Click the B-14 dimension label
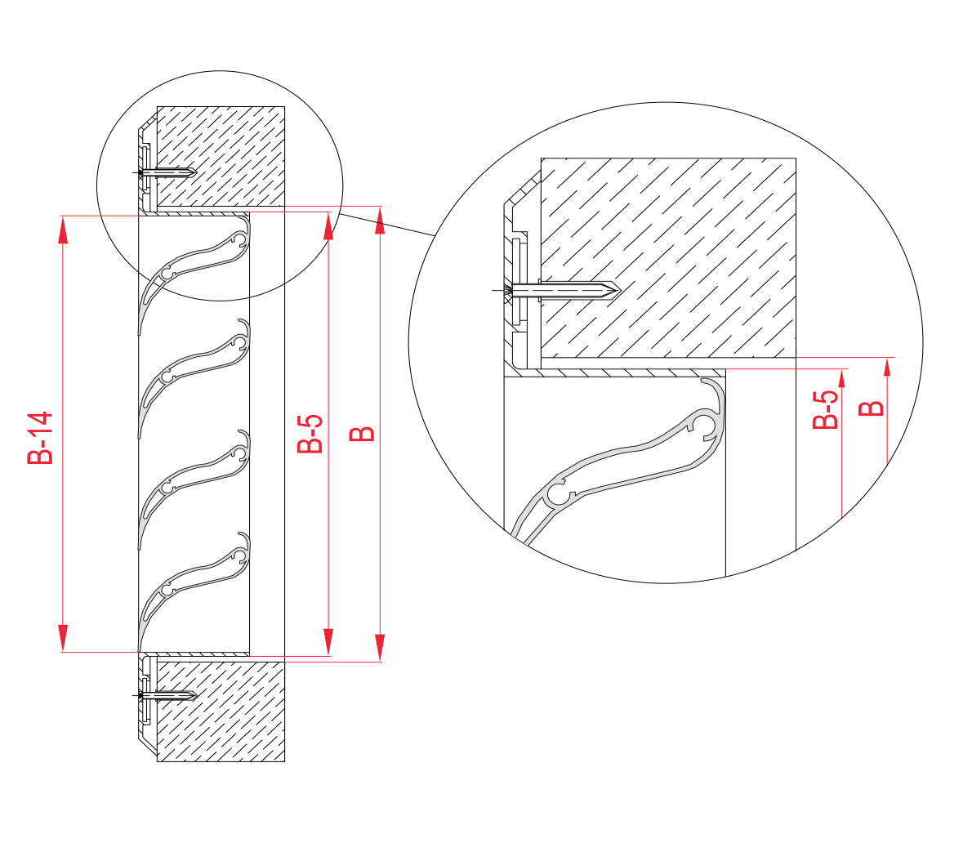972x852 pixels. click(40, 438)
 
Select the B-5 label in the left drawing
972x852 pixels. click(310, 434)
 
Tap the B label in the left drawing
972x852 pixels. click(362, 434)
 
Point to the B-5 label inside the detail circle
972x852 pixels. click(825, 410)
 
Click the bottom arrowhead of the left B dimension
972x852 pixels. click(380, 648)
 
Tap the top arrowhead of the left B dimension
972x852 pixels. click(380, 220)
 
